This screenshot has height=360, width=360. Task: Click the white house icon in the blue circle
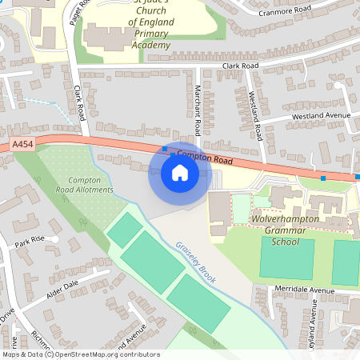[180, 173]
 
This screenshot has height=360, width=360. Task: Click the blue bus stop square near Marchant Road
[165, 149]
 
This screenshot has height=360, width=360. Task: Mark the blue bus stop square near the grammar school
[323, 178]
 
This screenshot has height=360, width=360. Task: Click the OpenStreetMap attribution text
[80, 354]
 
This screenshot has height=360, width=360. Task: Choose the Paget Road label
[77, 10]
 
